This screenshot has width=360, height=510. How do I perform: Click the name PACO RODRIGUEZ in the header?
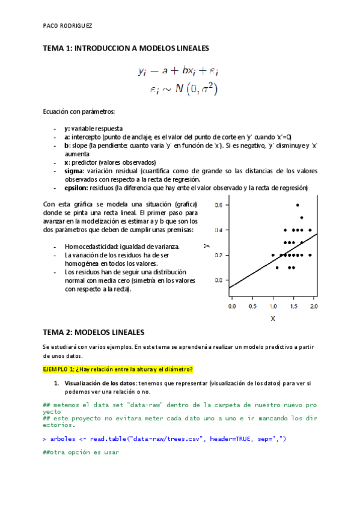coord(68,26)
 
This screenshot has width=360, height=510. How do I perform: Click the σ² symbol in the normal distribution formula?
coord(210,90)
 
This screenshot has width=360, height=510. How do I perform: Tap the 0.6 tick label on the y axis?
coord(219,205)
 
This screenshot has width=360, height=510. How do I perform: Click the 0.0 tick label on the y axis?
coord(219,280)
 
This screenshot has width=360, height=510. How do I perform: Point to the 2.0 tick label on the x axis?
coord(313,306)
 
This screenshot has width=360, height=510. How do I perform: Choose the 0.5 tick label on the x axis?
coord(252,306)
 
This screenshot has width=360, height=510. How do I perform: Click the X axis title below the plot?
coord(272,319)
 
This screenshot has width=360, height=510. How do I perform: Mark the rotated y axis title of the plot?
coord(206,246)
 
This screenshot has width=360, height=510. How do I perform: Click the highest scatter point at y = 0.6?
coord(297,205)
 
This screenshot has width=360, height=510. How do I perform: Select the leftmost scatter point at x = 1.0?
coord(273,255)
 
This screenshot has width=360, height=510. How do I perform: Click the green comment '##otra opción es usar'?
coord(81,452)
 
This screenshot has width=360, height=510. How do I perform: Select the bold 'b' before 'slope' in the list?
coord(66,146)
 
